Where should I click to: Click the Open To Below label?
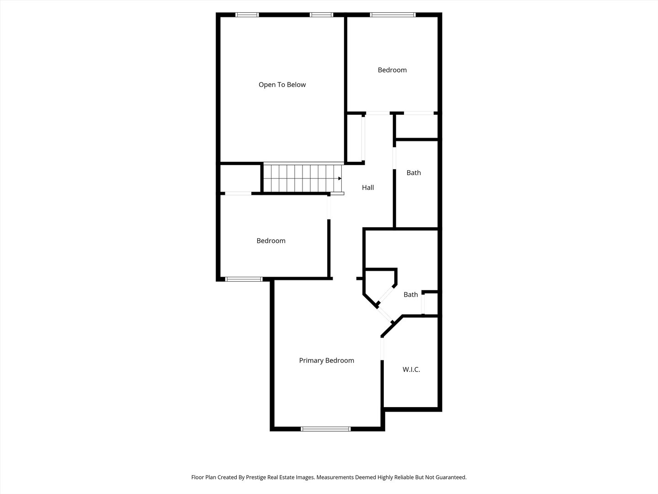pos(282,85)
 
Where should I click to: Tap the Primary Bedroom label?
pos(326,360)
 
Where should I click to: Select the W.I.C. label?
pos(411,370)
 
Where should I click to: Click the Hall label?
pos(368,188)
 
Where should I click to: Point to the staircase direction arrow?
pos(340,178)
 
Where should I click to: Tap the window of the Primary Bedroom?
pos(326,429)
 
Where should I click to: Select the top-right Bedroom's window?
pos(393,15)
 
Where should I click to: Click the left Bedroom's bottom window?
pos(244,279)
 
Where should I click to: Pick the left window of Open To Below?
pos(247,15)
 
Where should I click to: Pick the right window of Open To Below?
pos(322,15)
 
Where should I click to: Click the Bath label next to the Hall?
pos(414,173)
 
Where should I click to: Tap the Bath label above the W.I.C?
pos(410,295)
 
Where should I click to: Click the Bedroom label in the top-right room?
pos(392,70)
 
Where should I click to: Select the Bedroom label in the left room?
pos(271,241)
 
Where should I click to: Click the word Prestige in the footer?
pos(259,477)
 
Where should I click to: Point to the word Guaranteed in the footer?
pos(450,477)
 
